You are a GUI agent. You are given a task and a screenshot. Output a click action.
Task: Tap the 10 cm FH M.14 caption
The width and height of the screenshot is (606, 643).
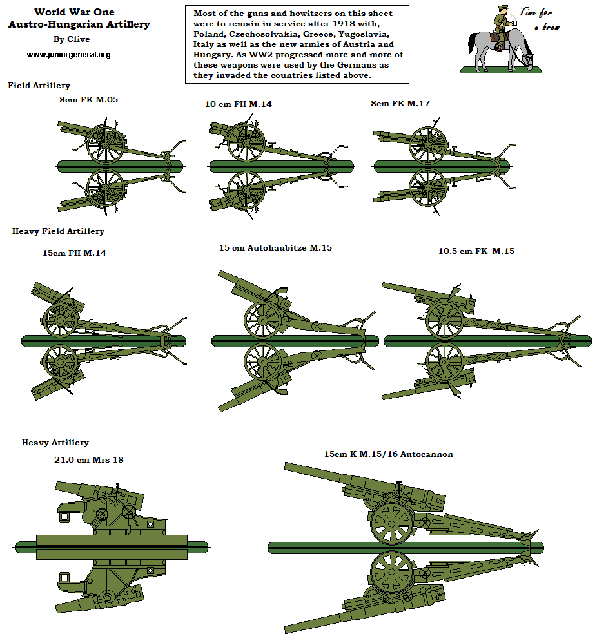(x=238, y=104)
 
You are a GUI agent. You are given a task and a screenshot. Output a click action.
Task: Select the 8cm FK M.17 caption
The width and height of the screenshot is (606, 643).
(x=402, y=103)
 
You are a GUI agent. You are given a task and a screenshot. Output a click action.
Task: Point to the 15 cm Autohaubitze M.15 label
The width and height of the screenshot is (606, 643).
(x=275, y=247)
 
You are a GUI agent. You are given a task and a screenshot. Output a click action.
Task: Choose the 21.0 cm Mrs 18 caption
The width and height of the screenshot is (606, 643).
(x=88, y=460)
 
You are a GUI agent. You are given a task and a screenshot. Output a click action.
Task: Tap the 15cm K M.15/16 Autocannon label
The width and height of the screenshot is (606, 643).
(x=388, y=454)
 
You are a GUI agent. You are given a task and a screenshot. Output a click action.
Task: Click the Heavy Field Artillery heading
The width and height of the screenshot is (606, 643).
(x=58, y=231)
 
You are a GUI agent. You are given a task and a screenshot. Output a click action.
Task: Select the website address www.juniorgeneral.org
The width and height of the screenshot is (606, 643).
(x=68, y=55)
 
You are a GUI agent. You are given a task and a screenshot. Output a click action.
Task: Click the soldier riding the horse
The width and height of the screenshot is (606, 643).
(x=501, y=29)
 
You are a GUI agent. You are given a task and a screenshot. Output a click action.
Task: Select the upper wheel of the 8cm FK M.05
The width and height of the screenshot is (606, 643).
(x=105, y=144)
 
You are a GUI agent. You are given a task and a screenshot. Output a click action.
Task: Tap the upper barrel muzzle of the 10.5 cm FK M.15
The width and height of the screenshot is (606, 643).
(x=385, y=285)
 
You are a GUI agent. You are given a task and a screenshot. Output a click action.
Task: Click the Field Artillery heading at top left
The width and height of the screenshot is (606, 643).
(x=39, y=86)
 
